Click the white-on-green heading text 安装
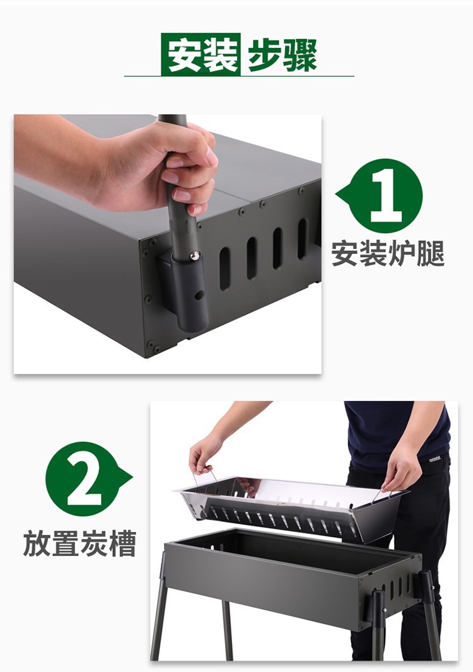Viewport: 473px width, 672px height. pos(201,54)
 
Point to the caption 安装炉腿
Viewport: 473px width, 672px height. pos(388,253)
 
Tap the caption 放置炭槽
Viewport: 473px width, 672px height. pos(79,543)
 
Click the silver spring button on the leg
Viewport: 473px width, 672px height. pos(194,256)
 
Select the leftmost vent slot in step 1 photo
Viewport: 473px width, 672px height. pos(225,269)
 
